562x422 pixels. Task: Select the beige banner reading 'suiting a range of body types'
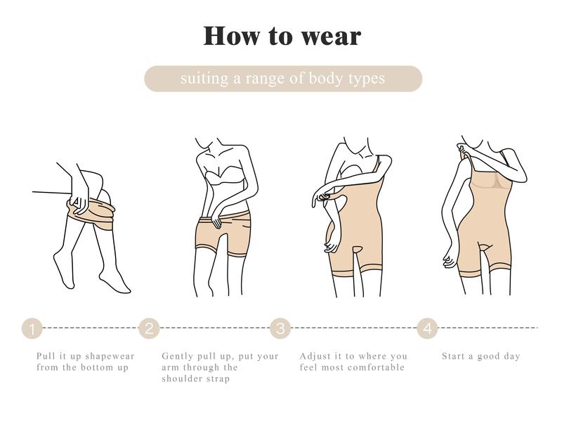283,79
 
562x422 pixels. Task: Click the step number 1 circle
32,328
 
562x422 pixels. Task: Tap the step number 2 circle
149,328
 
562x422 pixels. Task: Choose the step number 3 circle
280,328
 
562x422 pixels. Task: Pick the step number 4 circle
427,328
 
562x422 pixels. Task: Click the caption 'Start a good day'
481,357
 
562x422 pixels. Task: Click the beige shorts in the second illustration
223,234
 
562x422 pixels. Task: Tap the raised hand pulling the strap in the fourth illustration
465,150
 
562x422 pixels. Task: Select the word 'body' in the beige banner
325,79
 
